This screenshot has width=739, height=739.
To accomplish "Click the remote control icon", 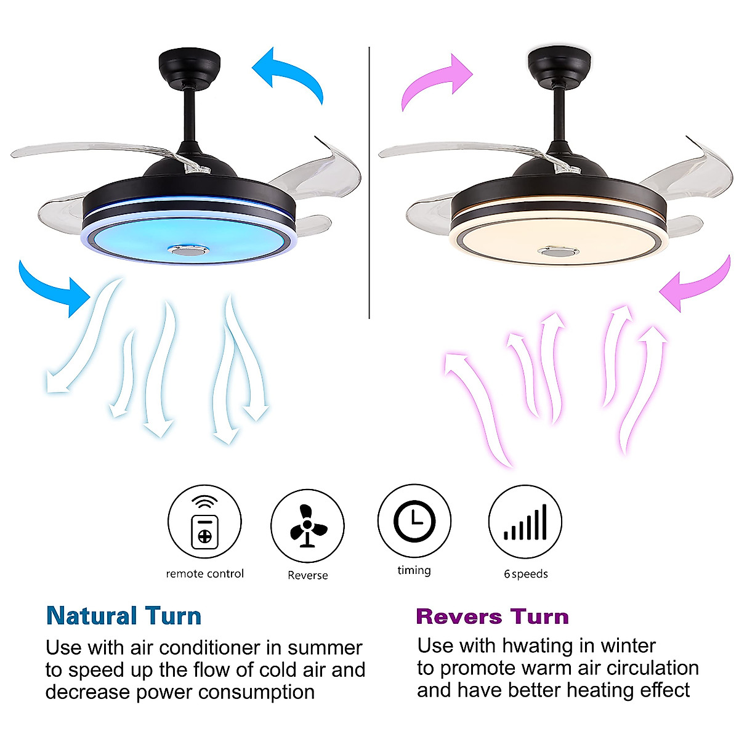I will point(204,522).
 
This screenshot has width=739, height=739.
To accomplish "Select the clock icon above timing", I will point(414,520).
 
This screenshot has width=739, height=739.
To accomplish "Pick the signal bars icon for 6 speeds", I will point(525,522).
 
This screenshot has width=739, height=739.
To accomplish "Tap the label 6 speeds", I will point(525,574).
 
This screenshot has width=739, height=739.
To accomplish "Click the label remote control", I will point(204,574).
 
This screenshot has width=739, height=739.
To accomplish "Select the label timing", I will point(414,570).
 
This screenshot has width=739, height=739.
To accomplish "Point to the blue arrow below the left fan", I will point(55,285).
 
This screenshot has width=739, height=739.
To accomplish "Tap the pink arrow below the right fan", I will point(696,285).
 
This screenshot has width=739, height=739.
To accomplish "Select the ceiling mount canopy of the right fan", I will point(559,65).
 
